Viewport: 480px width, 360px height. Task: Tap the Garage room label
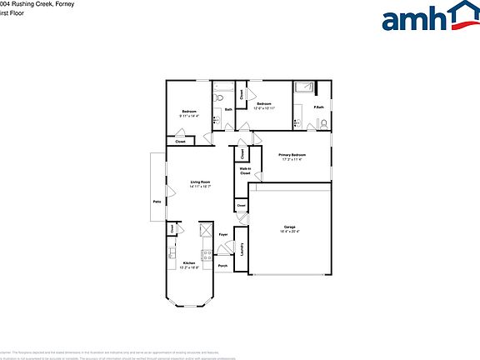(x=290, y=227)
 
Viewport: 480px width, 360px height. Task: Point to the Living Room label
(x=200, y=182)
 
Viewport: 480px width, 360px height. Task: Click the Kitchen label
(x=189, y=263)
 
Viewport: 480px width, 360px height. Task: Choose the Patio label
(x=156, y=202)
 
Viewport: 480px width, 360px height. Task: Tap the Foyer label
(x=223, y=235)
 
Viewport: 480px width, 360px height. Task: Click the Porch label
(x=222, y=266)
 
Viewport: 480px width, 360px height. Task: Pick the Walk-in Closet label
(x=246, y=171)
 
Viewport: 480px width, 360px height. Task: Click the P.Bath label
(x=318, y=107)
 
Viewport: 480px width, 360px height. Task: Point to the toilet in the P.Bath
(x=323, y=125)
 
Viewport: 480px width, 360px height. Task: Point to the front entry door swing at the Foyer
(x=232, y=247)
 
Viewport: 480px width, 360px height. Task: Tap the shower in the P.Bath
(x=304, y=87)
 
